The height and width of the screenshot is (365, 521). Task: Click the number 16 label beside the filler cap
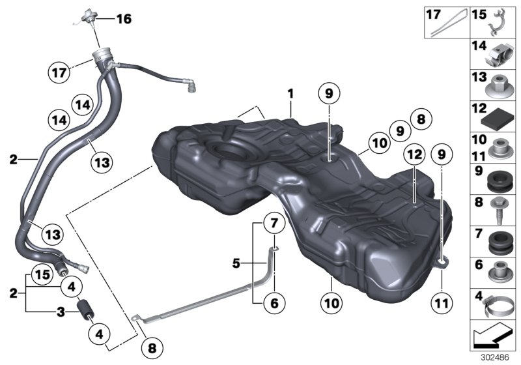coord(123,19)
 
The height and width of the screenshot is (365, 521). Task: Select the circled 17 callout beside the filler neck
coord(59,72)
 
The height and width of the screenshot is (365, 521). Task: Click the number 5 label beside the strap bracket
coord(237,263)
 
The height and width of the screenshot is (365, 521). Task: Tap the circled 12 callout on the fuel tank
coord(413,154)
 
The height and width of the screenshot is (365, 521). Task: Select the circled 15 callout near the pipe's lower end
coord(40,274)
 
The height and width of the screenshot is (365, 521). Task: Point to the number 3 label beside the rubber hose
coord(61,312)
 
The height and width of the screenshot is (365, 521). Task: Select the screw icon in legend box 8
coord(500,203)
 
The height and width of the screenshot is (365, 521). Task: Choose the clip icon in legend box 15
coord(501,22)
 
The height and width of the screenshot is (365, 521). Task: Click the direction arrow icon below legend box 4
coord(494,336)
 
